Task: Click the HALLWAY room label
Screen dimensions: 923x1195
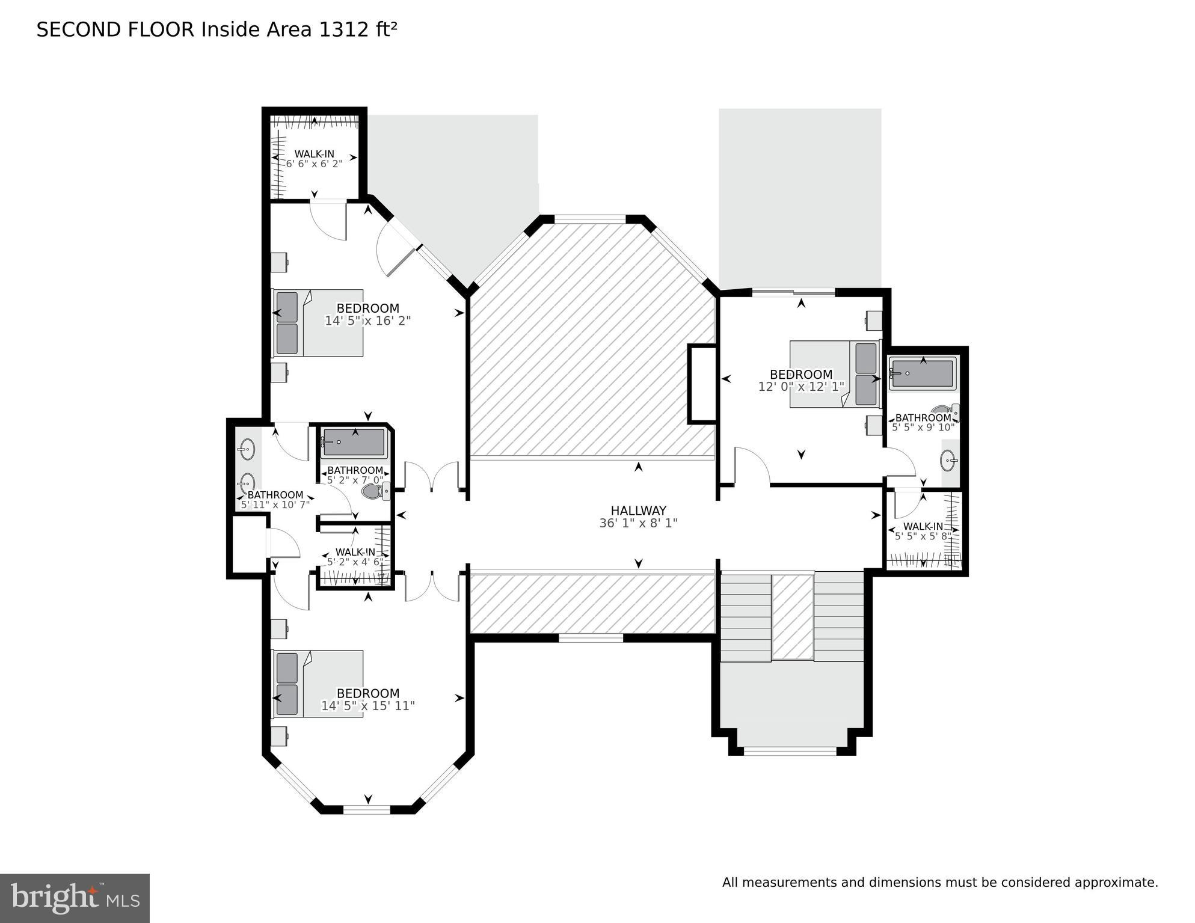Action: [638, 511]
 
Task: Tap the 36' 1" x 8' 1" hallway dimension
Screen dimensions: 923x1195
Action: [638, 523]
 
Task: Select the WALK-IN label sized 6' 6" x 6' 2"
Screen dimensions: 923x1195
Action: [314, 154]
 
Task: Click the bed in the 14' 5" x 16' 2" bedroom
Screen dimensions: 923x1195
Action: [318, 323]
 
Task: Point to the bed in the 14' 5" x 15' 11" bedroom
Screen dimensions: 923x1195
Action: [318, 684]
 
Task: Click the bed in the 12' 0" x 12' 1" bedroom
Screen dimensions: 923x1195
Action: [835, 374]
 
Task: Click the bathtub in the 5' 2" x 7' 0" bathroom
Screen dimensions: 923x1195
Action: [354, 443]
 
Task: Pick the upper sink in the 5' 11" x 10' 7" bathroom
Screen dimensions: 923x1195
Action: [247, 449]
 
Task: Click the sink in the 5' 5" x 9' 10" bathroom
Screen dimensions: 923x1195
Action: [949, 461]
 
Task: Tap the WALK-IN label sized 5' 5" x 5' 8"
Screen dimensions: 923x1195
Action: [923, 527]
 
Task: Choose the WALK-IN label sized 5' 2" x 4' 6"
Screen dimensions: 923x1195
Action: [355, 552]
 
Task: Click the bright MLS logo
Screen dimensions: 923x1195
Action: [75, 898]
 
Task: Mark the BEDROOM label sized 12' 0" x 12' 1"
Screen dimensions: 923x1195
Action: [801, 374]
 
